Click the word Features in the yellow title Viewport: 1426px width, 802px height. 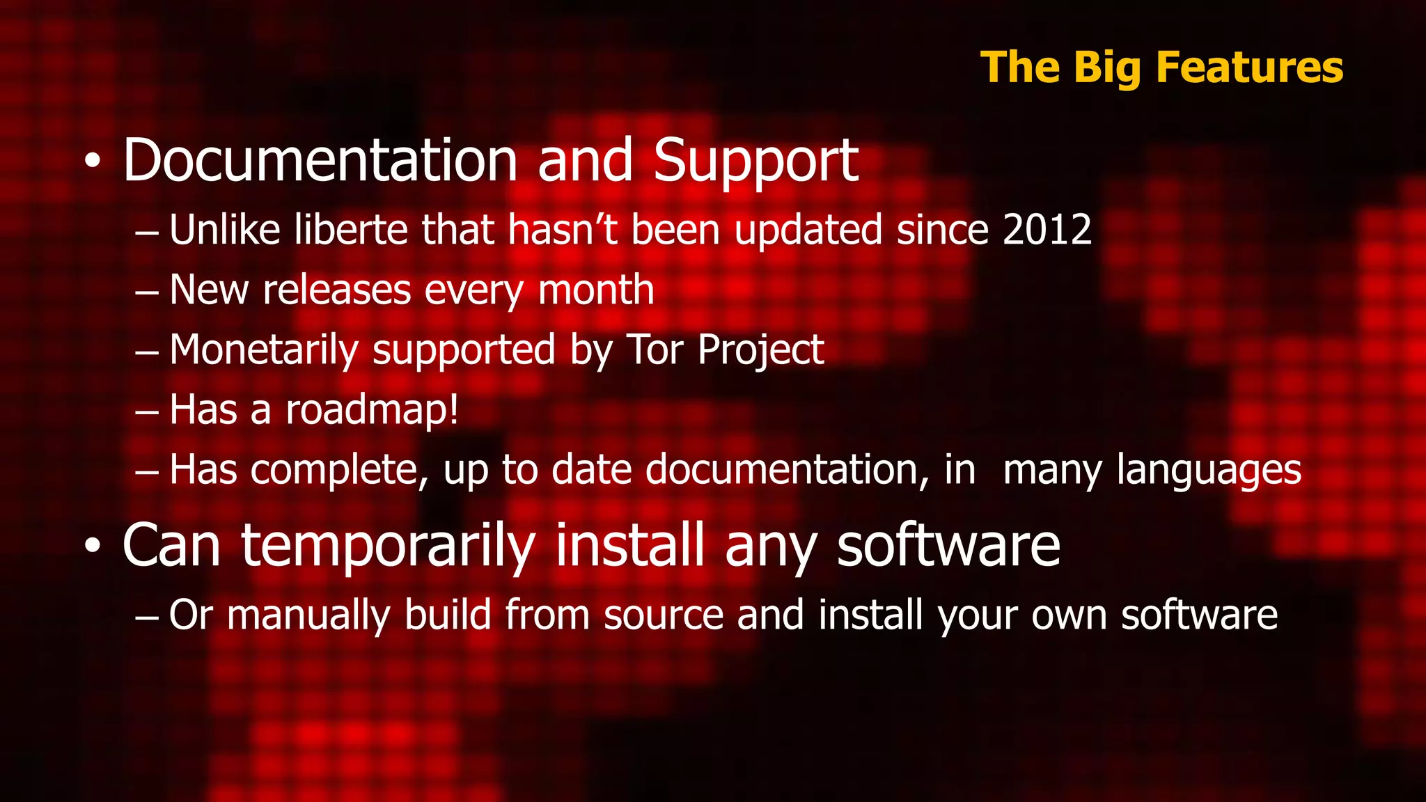coord(1250,68)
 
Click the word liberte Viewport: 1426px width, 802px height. coord(350,230)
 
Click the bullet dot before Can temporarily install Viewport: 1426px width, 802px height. coord(93,547)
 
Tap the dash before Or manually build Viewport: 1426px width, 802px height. coord(147,618)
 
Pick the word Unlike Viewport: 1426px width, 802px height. coord(224,230)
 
